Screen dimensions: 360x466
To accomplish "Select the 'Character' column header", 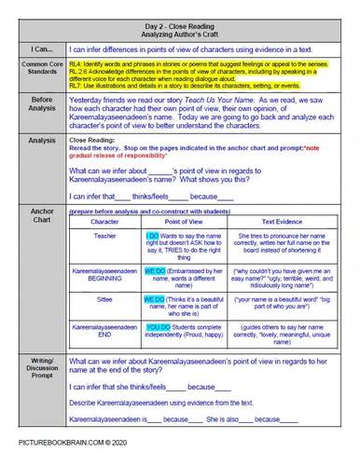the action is click(104, 222).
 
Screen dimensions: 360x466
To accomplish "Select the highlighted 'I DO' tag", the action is click(155, 236).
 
